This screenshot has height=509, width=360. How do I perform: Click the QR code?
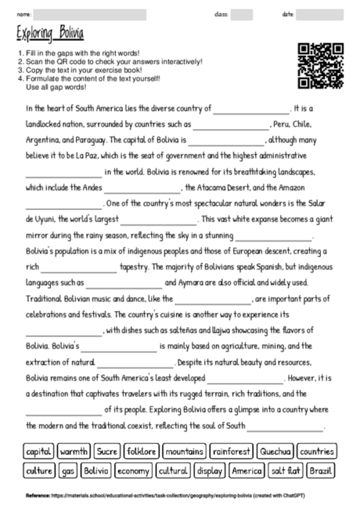(322, 65)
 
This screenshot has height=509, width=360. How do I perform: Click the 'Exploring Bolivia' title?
(50, 34)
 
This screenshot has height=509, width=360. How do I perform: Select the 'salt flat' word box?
(286, 471)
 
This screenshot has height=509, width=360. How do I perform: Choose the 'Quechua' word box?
(275, 452)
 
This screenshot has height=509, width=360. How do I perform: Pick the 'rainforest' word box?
(232, 452)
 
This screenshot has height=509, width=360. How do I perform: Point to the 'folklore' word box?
(141, 452)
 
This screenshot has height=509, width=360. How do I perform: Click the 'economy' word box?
(133, 471)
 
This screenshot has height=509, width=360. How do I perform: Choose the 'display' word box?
(210, 471)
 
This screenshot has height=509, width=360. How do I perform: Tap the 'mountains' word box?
(185, 452)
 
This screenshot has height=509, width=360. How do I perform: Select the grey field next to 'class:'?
(242, 14)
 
